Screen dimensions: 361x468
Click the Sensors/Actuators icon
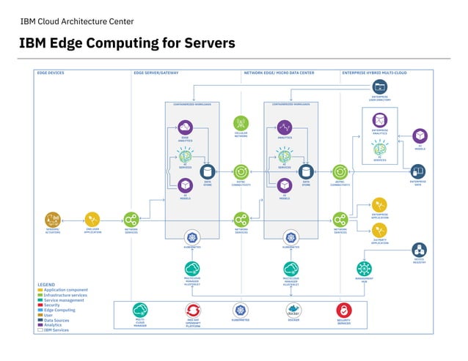tap(51, 218)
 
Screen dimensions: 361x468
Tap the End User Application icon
tap(92, 218)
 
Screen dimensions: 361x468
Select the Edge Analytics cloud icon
tap(185, 127)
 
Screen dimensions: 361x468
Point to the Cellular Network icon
tap(241, 122)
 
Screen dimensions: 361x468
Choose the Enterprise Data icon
tap(419, 171)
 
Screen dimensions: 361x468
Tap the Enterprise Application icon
tap(380, 204)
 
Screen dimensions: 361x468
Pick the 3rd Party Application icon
tap(380, 231)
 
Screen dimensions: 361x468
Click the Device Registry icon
tap(419, 250)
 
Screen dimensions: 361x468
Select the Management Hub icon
tap(365, 268)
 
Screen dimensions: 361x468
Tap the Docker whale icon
tap(293, 309)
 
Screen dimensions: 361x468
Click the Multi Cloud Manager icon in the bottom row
tap(140, 310)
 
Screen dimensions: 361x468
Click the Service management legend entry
tap(64, 300)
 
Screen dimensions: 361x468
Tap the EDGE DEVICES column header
tap(51, 73)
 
